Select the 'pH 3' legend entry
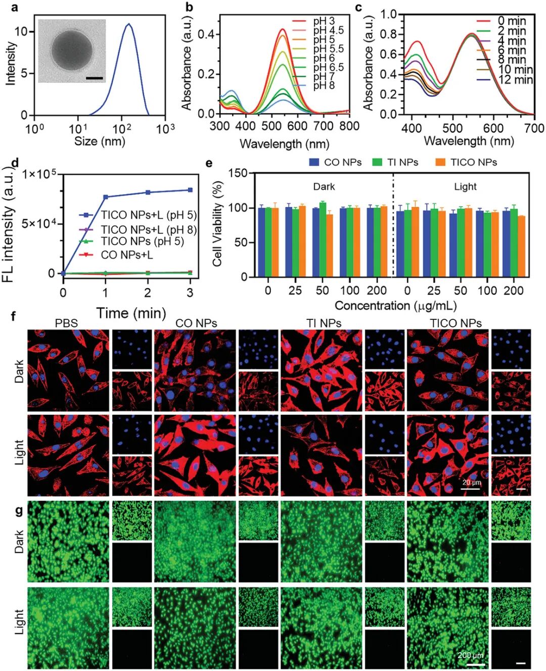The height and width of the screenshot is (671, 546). pyautogui.click(x=324, y=21)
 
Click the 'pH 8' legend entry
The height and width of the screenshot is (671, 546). pyautogui.click(x=324, y=85)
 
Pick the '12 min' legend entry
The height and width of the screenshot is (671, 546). pyautogui.click(x=515, y=79)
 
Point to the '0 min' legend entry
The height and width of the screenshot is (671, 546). pyautogui.click(x=511, y=21)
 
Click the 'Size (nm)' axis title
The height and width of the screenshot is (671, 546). pyautogui.click(x=100, y=141)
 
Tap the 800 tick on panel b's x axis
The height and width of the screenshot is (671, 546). pyautogui.click(x=349, y=126)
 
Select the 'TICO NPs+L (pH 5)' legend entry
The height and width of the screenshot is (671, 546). pyautogui.click(x=148, y=215)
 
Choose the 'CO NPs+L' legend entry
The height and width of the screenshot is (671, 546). pyautogui.click(x=126, y=255)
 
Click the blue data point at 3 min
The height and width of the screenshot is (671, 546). pyautogui.click(x=190, y=190)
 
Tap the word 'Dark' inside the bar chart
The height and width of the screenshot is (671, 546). pyautogui.click(x=324, y=187)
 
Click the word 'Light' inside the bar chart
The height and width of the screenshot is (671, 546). pyautogui.click(x=465, y=187)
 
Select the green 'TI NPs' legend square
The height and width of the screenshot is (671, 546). pyautogui.click(x=377, y=162)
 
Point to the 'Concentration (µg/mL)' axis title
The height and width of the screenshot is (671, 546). pyautogui.click(x=395, y=306)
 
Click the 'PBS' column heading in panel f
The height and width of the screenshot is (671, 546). pyautogui.click(x=66, y=323)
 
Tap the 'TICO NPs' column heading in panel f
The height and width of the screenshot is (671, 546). pyautogui.click(x=456, y=323)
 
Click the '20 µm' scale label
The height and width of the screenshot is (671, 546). pyautogui.click(x=471, y=483)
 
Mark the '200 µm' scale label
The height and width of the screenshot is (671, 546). pyautogui.click(x=471, y=655)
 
